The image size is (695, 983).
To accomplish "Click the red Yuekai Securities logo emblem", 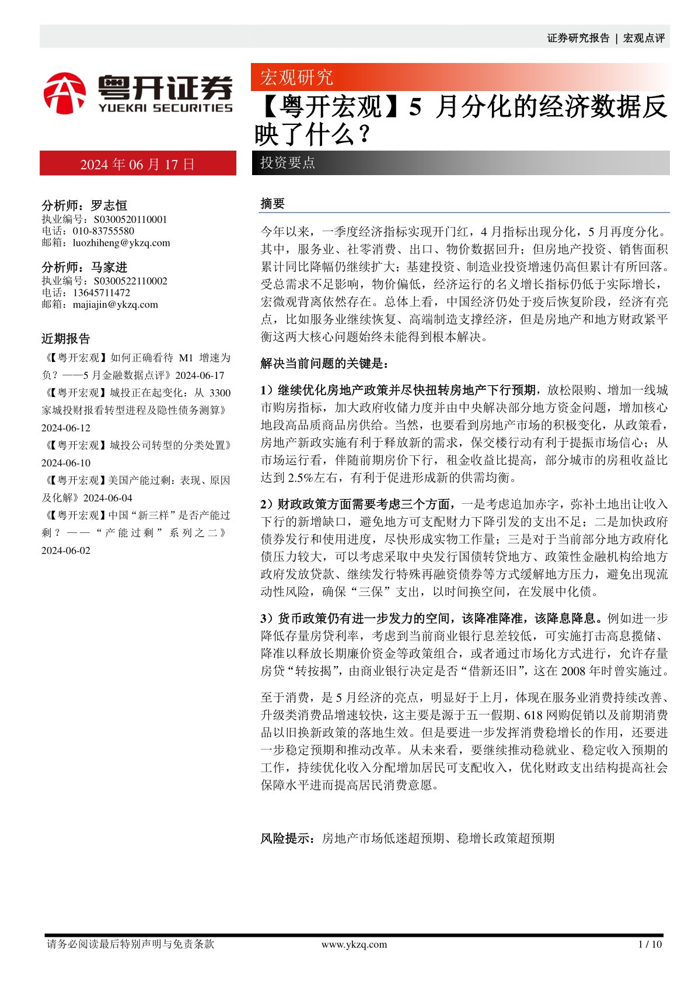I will (65, 93).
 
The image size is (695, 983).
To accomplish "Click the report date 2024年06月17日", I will (138, 164).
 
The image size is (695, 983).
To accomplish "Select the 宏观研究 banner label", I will (296, 77).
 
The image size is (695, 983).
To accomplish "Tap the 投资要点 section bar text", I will (288, 163).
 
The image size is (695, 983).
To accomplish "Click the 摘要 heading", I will (273, 203).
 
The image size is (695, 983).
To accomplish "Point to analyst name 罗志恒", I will (109, 205).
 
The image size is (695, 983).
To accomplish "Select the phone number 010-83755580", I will (103, 231).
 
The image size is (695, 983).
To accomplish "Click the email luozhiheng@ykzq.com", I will (121, 243).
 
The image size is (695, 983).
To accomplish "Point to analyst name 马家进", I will (109, 267).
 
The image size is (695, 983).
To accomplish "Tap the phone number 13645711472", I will (102, 292).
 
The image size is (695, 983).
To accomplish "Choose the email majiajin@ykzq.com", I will (116, 304).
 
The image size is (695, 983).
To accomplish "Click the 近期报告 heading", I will (66, 339).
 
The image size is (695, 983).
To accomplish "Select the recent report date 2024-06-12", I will (66, 428).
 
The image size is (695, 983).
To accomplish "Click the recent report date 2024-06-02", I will (66, 550).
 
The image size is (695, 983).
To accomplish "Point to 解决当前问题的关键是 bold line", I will (324, 364).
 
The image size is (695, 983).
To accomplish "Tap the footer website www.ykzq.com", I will (354, 944).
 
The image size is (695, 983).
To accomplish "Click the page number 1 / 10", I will (650, 944).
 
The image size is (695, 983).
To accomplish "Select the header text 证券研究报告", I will (578, 38).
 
